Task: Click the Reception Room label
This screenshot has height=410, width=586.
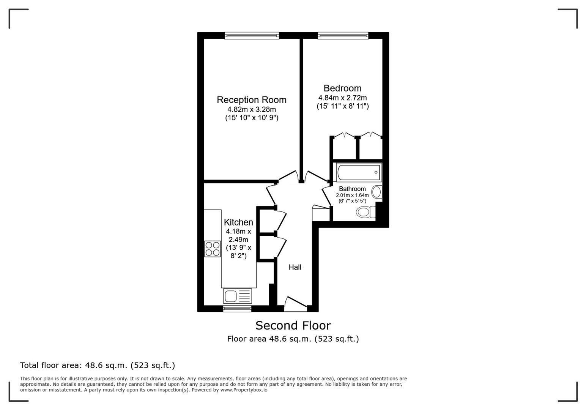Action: [251, 100]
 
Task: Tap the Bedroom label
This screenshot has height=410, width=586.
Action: [342, 88]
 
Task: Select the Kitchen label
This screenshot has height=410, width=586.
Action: [238, 222]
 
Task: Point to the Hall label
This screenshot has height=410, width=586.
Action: [295, 267]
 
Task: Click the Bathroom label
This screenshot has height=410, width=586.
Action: [352, 189]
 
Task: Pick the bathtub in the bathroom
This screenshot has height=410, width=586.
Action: [359, 172]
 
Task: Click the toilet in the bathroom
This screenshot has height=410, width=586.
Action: [365, 212]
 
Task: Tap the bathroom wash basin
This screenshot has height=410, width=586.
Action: [376, 192]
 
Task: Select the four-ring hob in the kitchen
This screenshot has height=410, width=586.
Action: [213, 249]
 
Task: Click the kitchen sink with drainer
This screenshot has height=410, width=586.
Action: [238, 296]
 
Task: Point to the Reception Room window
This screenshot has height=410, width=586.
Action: [252, 36]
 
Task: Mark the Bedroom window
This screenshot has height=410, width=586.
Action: [343, 36]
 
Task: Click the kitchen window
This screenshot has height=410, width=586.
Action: [237, 309]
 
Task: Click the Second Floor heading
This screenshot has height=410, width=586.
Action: [293, 326]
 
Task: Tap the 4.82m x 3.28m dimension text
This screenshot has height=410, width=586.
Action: [251, 110]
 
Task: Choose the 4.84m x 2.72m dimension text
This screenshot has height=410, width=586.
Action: [342, 98]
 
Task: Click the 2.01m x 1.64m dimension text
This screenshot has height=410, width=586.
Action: [352, 196]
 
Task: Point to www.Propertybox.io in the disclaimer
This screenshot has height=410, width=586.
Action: [244, 390]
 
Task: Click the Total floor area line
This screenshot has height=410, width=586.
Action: [98, 366]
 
